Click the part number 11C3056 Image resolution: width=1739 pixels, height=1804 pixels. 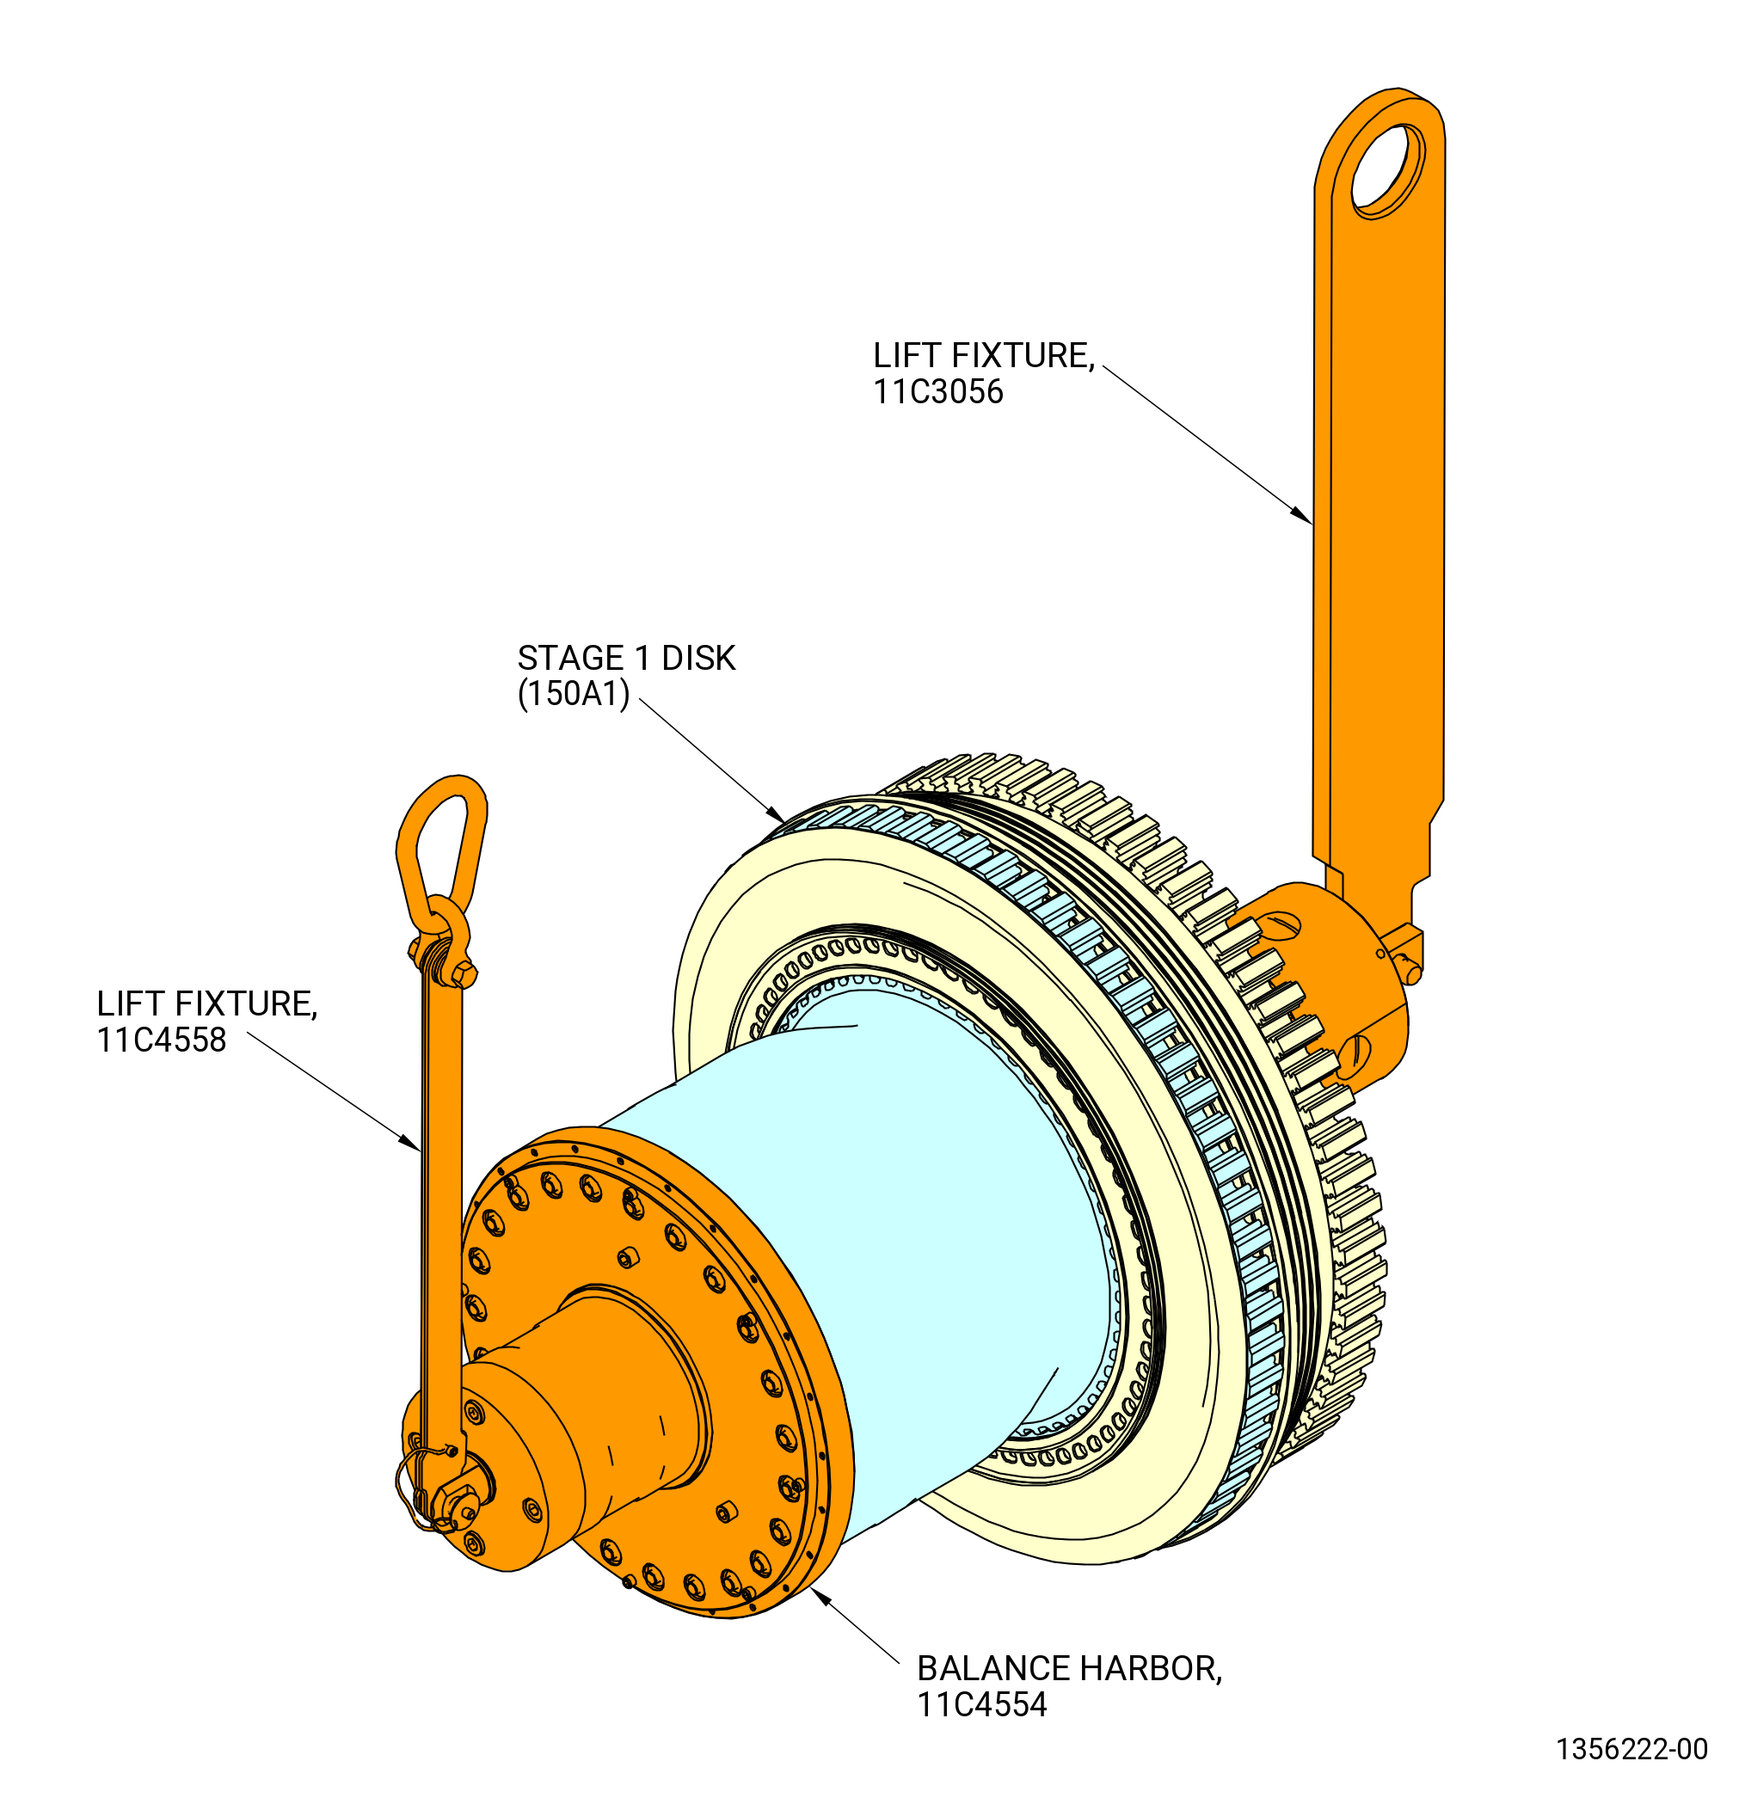[x=937, y=393]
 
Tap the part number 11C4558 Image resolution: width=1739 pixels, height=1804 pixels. [x=161, y=1041]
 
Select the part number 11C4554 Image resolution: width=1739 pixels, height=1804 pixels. [x=981, y=1705]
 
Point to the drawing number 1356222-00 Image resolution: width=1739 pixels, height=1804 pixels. [x=1631, y=1749]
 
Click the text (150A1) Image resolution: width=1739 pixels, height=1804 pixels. [x=574, y=693]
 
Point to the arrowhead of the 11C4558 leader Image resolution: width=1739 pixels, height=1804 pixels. [x=409, y=1142]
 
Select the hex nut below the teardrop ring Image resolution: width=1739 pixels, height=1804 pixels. [x=463, y=973]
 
